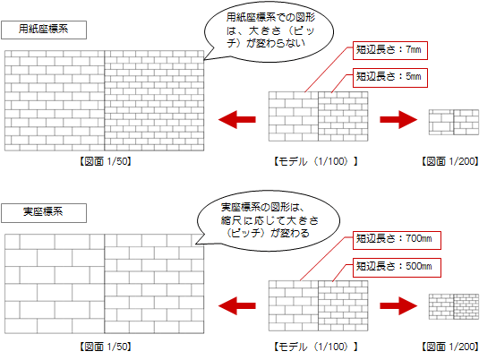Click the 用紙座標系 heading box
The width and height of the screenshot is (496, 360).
[x=44, y=30]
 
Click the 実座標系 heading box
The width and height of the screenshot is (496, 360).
[x=44, y=213]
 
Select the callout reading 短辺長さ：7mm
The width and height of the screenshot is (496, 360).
[x=390, y=50]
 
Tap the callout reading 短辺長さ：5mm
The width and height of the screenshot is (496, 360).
[x=390, y=78]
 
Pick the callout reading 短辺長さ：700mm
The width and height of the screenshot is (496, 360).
[x=397, y=240]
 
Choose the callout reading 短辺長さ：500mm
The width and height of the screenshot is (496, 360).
[x=397, y=268]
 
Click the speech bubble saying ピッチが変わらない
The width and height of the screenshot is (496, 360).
[x=269, y=31]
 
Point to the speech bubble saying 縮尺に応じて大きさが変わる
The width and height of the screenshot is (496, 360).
[x=269, y=221]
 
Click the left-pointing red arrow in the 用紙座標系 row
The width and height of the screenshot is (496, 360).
[x=237, y=120]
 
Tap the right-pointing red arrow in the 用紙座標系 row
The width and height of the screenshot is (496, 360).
[x=398, y=120]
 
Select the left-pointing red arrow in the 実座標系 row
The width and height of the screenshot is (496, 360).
[x=237, y=306]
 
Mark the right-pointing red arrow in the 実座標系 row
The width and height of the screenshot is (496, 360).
[x=398, y=306]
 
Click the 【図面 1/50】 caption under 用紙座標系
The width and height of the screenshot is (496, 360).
[x=105, y=162]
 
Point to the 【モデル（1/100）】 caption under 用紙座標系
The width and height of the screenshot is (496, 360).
[x=316, y=162]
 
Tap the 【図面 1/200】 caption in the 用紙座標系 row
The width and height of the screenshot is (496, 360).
[x=450, y=162]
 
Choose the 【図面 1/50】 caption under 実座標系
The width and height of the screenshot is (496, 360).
[x=105, y=347]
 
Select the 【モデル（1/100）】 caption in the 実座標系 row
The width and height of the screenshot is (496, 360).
[x=316, y=347]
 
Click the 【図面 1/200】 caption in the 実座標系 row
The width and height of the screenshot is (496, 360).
[x=450, y=347]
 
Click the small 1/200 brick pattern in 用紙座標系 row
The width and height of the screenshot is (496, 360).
[x=454, y=123]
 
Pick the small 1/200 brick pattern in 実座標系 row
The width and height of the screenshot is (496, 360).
[x=454, y=306]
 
